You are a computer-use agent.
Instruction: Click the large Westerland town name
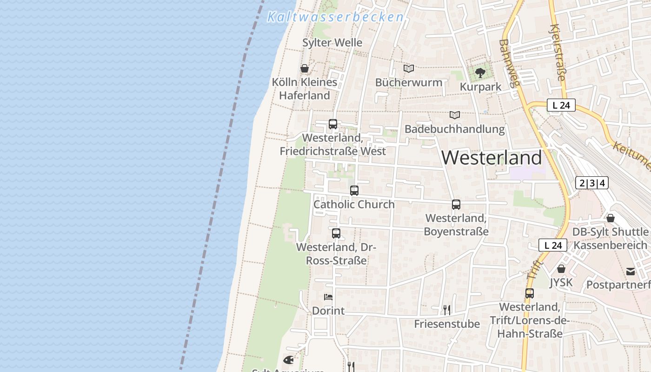[492, 158]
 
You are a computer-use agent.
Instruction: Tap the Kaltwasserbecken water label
[335, 17]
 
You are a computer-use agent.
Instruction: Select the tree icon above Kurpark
[480, 73]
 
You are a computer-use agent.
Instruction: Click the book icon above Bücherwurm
[409, 69]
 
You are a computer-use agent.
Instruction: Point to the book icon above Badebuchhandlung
[454, 115]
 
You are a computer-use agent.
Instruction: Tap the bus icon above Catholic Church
[354, 190]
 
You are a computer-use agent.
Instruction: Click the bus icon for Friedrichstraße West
[333, 124]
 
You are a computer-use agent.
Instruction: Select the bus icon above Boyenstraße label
[456, 204]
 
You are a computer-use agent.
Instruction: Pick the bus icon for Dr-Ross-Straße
[336, 233]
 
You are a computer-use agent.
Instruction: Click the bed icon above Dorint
[328, 297]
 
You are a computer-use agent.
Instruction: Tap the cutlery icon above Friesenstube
[446, 310]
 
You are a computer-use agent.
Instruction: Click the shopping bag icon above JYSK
[561, 269]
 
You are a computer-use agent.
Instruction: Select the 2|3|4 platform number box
[592, 183]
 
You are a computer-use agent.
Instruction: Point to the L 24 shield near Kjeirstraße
[561, 106]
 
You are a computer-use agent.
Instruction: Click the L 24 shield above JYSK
[553, 245]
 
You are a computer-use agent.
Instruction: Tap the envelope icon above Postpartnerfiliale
[631, 272]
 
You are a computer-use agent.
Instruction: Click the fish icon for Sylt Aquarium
[288, 360]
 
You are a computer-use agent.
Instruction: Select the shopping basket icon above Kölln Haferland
[305, 69]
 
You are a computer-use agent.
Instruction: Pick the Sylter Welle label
[332, 43]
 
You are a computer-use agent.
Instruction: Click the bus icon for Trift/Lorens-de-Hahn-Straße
[530, 293]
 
